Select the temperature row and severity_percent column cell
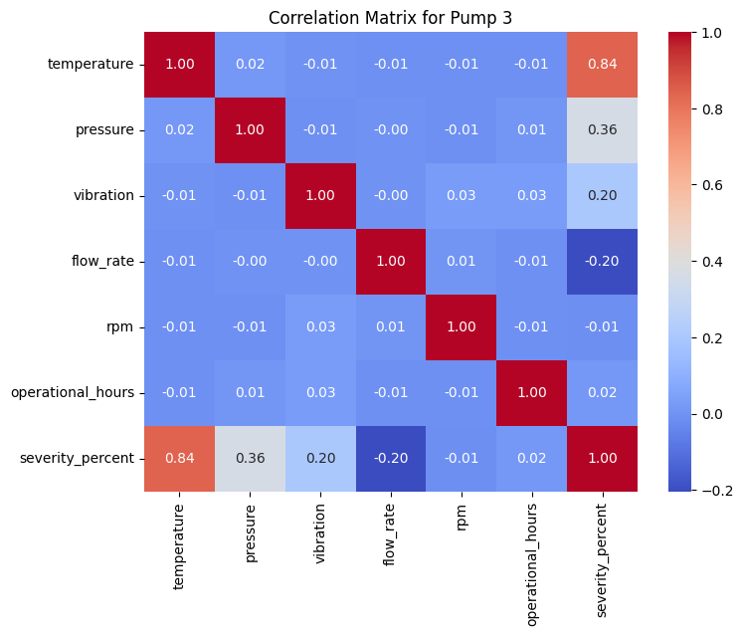(602, 65)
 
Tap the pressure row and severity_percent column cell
(602, 130)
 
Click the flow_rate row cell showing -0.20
(602, 261)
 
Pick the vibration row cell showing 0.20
(602, 195)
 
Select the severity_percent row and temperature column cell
(180, 457)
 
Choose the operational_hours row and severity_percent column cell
(602, 392)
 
